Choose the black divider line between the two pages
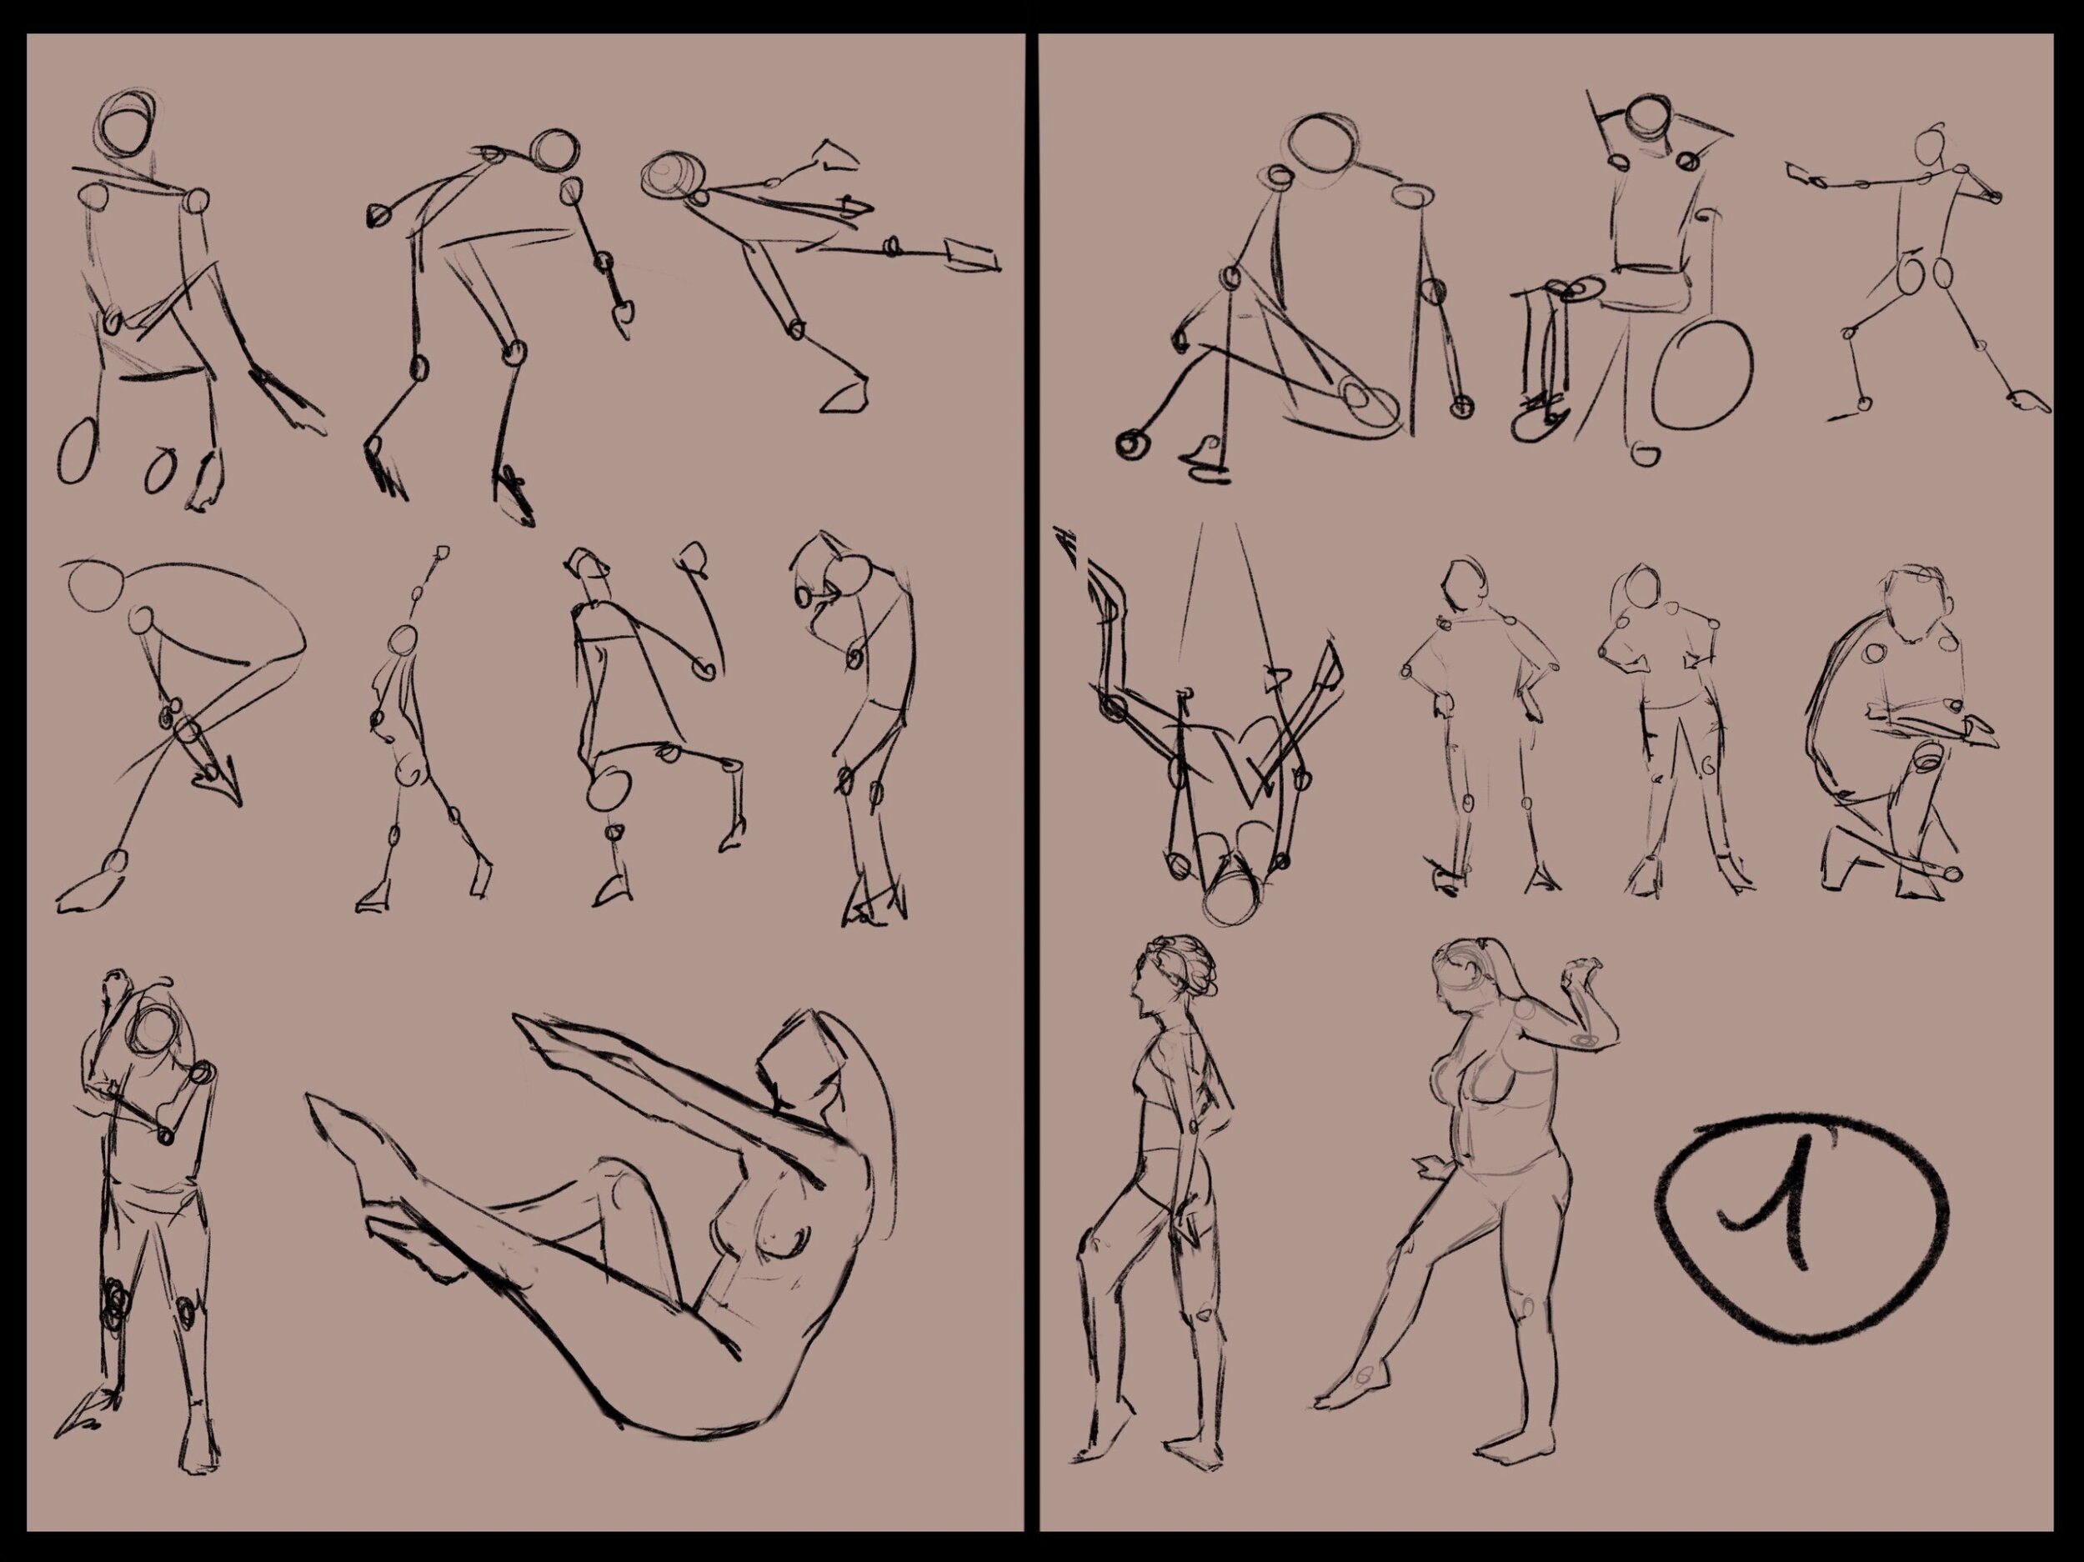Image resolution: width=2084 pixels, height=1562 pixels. point(1032,781)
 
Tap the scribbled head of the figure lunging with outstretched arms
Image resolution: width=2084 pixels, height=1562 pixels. point(671,176)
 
